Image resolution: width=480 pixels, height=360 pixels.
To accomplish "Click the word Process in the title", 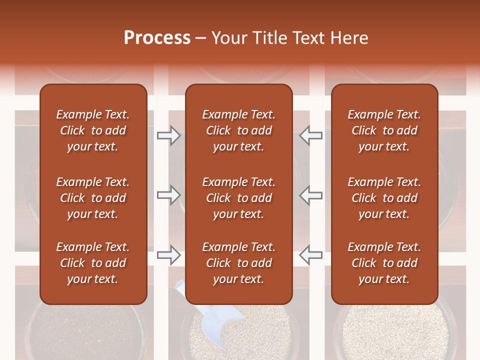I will [157, 38].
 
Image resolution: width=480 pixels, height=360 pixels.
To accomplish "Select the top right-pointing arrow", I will [169, 135].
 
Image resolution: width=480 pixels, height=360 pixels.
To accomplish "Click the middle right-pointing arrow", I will [169, 195].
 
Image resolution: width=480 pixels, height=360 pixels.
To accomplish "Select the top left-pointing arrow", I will [310, 135].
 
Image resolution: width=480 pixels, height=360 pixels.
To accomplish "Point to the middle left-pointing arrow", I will [310, 195].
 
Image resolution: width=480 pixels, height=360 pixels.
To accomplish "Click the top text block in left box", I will [93, 130].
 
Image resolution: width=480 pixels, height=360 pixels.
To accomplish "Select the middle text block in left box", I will [93, 198].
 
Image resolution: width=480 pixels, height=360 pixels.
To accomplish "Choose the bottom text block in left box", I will [93, 263].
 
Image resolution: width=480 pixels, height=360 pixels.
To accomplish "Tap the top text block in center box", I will [238, 130].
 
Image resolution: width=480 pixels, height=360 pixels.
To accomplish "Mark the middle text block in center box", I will [238, 198].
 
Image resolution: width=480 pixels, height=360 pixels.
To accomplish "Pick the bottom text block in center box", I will [238, 263].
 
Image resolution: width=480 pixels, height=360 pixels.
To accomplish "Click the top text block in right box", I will [384, 130].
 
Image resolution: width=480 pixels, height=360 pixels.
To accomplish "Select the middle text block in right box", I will [384, 198].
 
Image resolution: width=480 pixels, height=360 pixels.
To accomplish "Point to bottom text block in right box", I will [384, 263].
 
